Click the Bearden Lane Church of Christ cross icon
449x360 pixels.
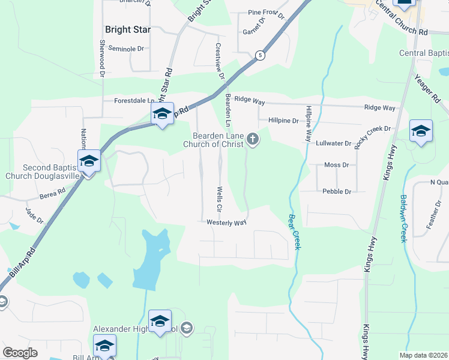click(253, 140)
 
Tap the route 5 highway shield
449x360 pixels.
click(259, 55)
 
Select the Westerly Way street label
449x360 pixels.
click(227, 223)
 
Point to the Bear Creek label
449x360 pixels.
click(294, 232)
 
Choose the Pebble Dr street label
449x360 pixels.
click(336, 191)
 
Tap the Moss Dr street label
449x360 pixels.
click(336, 165)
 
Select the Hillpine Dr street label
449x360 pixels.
click(283, 121)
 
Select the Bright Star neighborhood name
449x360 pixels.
click(128, 29)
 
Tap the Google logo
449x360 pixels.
click(20, 353)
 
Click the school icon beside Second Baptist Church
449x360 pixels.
click(89, 161)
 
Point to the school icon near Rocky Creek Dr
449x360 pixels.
click(421, 131)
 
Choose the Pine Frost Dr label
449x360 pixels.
click(265, 12)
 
